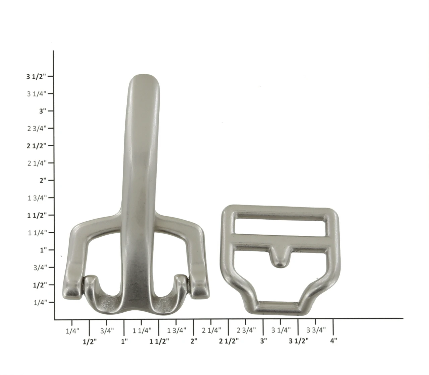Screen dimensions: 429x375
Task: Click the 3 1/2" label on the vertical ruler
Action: click(36, 77)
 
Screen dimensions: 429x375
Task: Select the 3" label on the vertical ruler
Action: click(43, 111)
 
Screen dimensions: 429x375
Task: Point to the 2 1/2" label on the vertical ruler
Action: click(36, 146)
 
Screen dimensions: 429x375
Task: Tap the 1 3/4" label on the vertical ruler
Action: click(37, 198)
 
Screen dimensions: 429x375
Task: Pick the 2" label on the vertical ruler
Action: click(43, 180)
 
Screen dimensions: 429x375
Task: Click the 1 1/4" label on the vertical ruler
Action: click(37, 233)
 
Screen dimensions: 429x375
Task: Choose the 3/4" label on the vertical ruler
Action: click(40, 268)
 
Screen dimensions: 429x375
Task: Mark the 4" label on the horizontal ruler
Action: click(333, 341)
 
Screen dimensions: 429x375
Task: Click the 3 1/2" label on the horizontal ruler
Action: click(299, 341)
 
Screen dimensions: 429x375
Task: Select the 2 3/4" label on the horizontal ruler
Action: click(246, 330)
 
